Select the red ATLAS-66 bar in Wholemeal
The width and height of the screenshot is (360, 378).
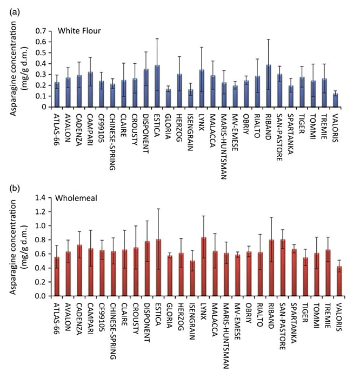click(x=56, y=276)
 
